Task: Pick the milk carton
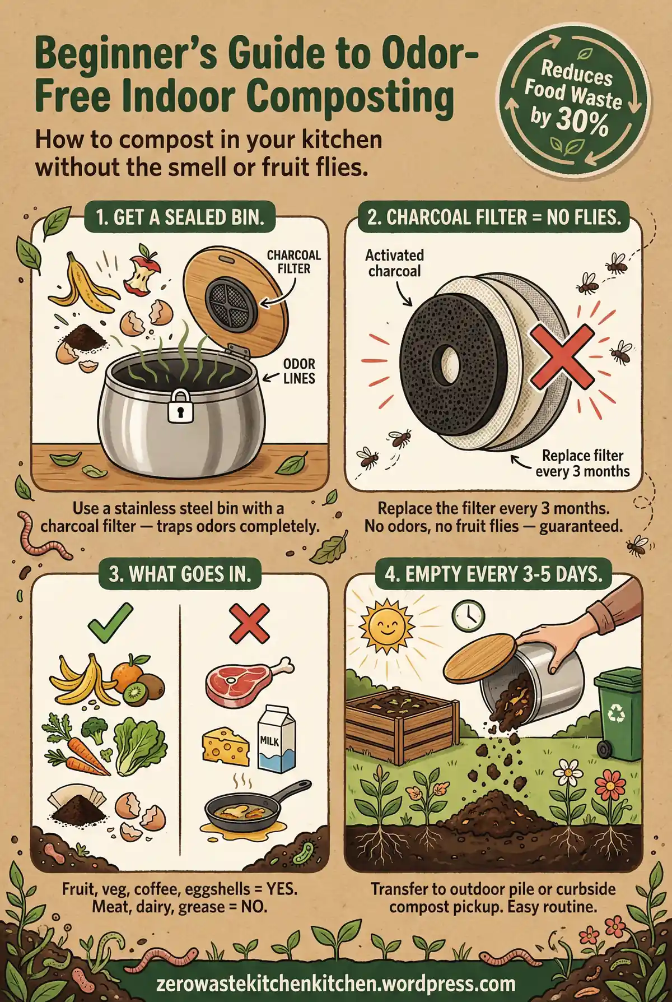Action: tap(277, 738)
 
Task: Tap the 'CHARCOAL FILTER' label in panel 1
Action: tap(293, 262)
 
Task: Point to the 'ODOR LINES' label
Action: tap(299, 372)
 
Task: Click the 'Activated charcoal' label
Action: tap(394, 263)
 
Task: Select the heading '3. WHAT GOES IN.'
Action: tap(180, 574)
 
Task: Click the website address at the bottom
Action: tap(335, 984)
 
